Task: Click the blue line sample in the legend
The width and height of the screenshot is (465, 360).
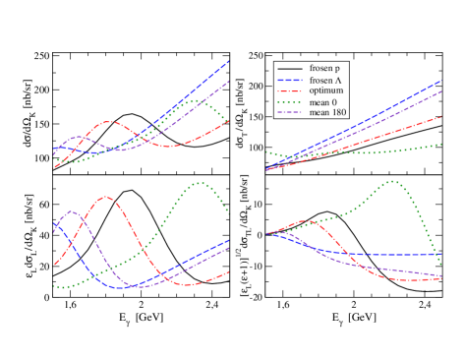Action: click(289, 81)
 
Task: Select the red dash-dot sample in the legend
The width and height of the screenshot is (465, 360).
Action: click(289, 90)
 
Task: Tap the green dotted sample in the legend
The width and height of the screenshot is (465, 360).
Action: click(289, 101)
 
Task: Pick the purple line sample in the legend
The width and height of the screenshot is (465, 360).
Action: click(289, 112)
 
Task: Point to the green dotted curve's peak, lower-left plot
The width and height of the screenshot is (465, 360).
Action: click(201, 183)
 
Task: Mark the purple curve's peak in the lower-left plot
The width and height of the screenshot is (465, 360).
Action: click(72, 211)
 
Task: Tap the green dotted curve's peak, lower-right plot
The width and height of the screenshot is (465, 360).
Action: click(392, 181)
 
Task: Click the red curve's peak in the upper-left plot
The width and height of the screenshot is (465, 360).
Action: click(109, 122)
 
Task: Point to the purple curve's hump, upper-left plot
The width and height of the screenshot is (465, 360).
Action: click(79, 138)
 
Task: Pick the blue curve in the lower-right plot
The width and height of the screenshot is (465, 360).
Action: click(393, 255)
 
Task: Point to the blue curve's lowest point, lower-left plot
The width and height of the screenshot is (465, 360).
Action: click(123, 287)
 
